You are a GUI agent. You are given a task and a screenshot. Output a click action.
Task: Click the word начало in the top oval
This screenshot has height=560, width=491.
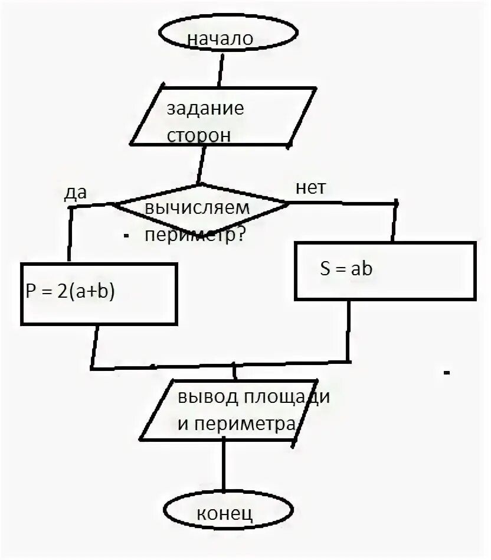click(x=220, y=39)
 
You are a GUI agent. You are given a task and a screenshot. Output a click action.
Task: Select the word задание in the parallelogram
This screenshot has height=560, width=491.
click(x=205, y=109)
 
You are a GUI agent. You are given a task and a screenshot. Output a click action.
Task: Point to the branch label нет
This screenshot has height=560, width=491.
click(x=310, y=188)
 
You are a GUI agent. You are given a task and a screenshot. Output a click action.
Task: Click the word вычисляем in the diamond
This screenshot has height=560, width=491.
click(x=197, y=208)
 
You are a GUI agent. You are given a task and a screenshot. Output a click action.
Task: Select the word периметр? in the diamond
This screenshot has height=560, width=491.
click(x=195, y=235)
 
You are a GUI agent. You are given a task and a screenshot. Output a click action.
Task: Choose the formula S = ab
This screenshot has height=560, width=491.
click(x=346, y=269)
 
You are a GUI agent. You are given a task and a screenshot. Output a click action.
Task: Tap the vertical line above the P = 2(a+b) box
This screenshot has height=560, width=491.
click(x=70, y=233)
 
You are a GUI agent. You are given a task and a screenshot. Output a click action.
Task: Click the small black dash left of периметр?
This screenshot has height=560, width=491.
click(x=126, y=236)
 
